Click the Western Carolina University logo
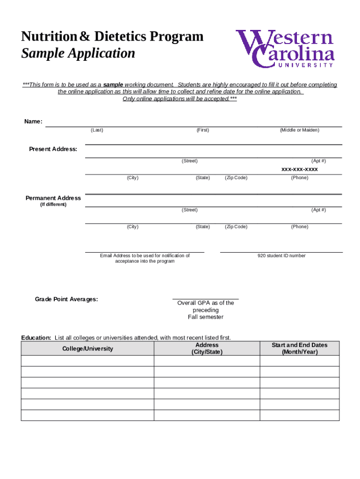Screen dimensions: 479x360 tap(285, 49)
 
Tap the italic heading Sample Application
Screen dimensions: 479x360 tap(78, 53)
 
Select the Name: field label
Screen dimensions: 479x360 tap(33, 122)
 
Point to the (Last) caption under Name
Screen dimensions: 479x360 tap(97, 130)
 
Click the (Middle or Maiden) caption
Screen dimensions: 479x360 tap(299, 130)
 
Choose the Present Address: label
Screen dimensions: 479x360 tap(53, 149)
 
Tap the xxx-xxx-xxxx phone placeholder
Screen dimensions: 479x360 tap(299, 169)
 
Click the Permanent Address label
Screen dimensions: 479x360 tap(53, 198)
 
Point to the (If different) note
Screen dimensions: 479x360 tap(53, 204)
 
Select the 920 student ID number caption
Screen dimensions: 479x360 tap(281, 256)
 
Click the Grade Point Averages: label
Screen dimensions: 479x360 tap(66, 299)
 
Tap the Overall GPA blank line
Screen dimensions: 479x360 tap(205, 298)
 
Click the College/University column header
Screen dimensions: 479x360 tap(87, 348)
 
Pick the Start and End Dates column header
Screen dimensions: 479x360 tap(299, 348)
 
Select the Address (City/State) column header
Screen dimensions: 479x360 tap(207, 348)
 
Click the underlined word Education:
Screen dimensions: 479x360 tap(36, 337)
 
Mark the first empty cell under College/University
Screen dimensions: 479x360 tap(87, 361)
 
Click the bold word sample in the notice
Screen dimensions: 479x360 tap(113, 85)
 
